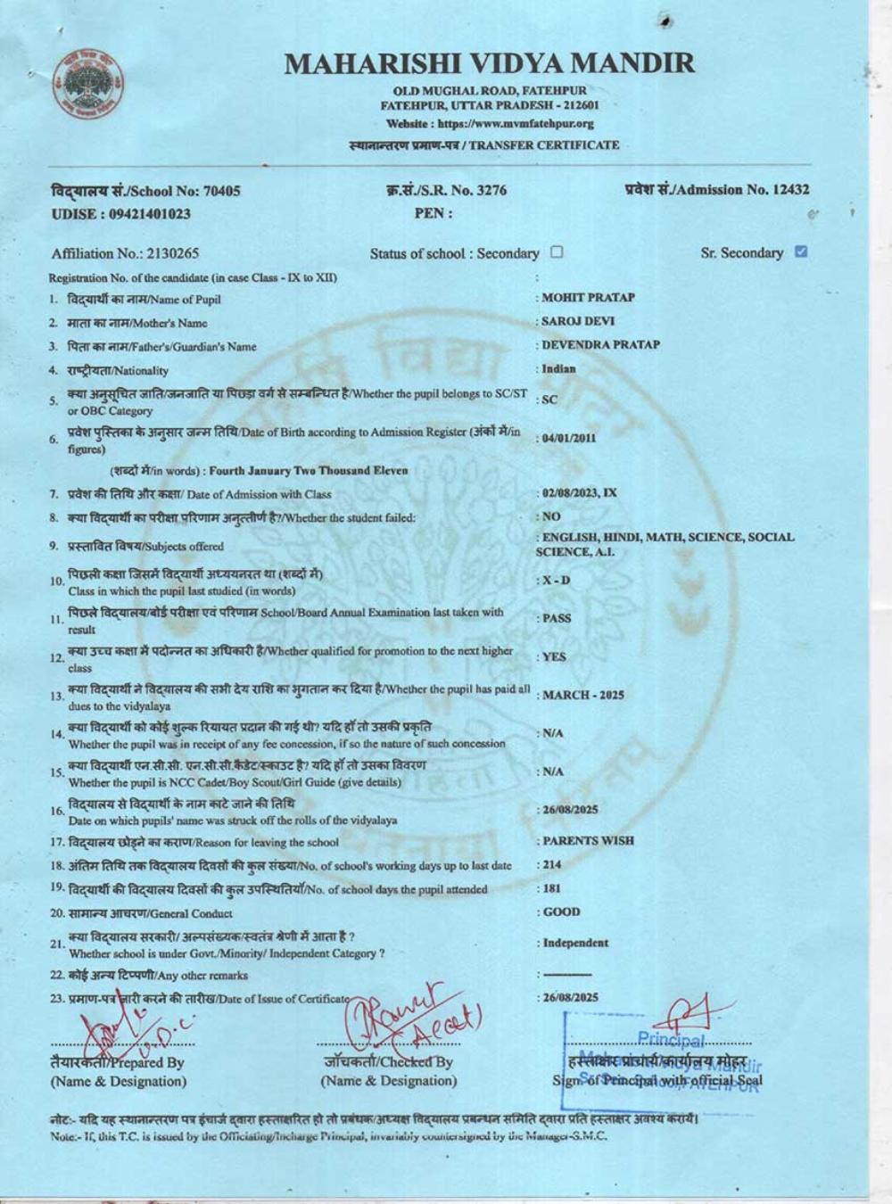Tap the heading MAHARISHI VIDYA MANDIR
pos(490,63)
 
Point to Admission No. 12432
pos(717,189)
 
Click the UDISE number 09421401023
pos(120,214)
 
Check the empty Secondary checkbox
pos(557,252)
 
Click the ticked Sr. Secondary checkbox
pos(800,252)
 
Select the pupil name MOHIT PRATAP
pos(587,298)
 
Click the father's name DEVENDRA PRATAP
pos(599,344)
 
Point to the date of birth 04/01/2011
pos(568,438)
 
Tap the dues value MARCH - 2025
pos(583,695)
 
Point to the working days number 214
pos(552,864)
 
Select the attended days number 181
pos(552,888)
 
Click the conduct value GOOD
pos(561,911)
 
